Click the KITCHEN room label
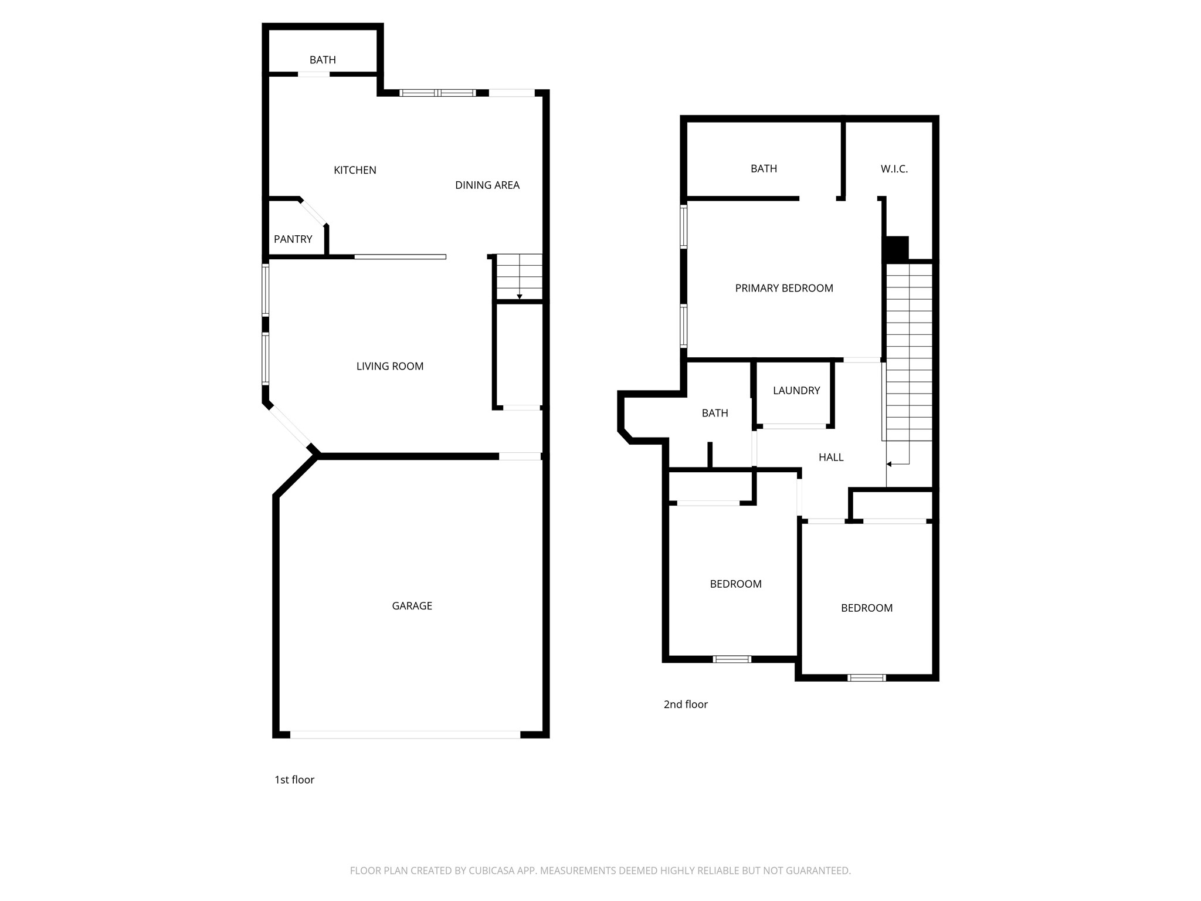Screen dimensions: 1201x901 tap(355, 170)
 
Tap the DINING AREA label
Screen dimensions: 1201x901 tap(487, 185)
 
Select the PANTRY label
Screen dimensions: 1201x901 tap(293, 239)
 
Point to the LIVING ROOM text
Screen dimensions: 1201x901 tap(390, 367)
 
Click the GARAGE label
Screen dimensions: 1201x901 tap(412, 606)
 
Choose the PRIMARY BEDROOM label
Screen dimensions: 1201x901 tap(784, 289)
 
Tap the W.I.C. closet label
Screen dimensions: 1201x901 tap(894, 169)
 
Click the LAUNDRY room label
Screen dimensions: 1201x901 tap(796, 391)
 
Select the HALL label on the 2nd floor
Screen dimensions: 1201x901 tap(831, 458)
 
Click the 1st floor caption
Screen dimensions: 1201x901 tap(294, 780)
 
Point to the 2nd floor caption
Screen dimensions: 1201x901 tap(686, 704)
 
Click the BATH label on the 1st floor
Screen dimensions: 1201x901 tap(323, 60)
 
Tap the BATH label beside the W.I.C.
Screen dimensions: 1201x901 tap(764, 169)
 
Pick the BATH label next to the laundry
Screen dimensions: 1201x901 tap(715, 414)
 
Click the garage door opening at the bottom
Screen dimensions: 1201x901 tap(405, 734)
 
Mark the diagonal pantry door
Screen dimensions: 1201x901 tap(313, 212)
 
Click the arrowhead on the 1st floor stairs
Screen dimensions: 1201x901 tap(520, 297)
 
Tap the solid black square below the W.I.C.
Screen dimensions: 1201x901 tap(896, 249)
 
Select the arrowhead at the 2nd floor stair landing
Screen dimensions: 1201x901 tap(889, 465)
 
